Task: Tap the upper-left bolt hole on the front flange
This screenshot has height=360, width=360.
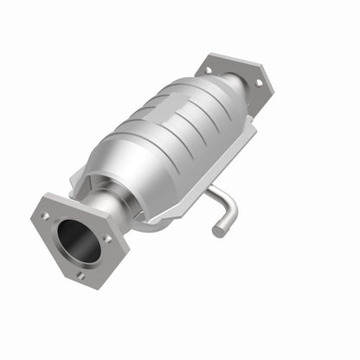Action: [x=44, y=215]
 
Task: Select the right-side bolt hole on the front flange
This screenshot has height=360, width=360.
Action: [x=107, y=238]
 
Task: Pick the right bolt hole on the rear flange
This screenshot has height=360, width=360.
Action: [x=257, y=82]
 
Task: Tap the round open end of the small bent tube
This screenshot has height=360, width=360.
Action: [x=217, y=231]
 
